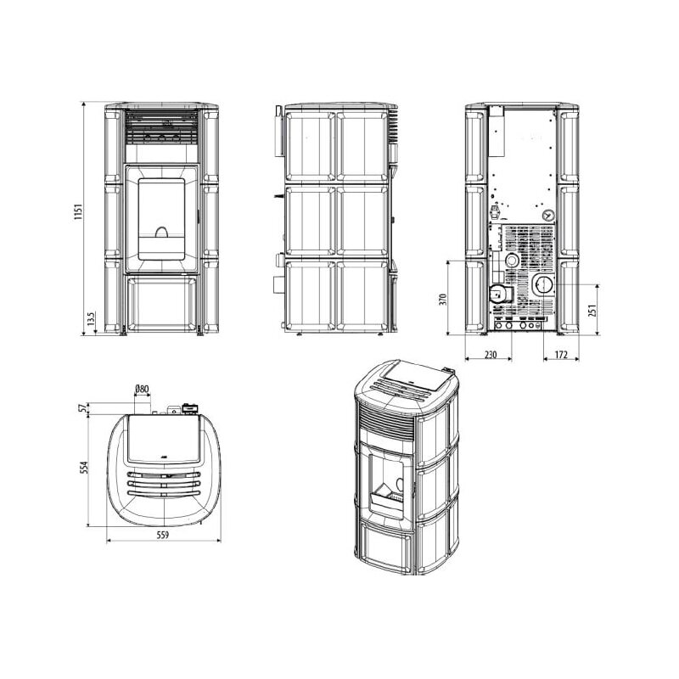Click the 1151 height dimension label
pyautogui.click(x=76, y=212)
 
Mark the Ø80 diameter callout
pyautogui.click(x=142, y=390)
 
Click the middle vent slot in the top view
pyautogui.click(x=164, y=481)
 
